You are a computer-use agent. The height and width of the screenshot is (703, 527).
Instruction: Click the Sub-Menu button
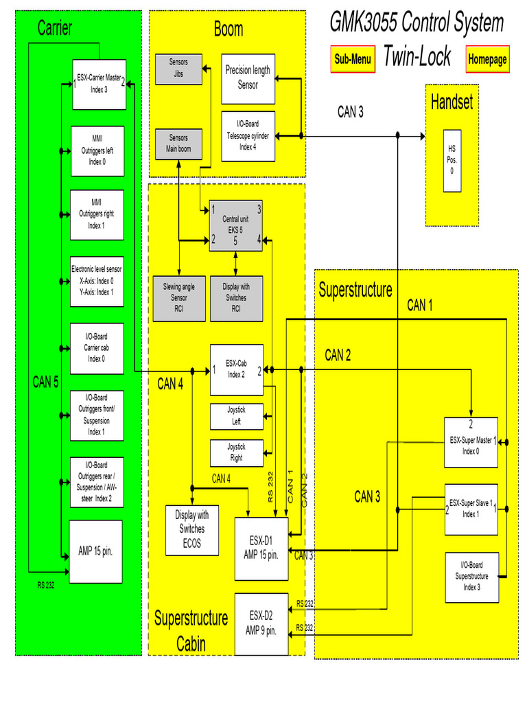[x=353, y=59]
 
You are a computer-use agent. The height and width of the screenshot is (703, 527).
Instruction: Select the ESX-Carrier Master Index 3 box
[x=99, y=84]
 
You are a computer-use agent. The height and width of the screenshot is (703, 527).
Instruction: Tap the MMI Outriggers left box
[x=97, y=150]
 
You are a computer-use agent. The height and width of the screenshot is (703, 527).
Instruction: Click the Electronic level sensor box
[x=97, y=281]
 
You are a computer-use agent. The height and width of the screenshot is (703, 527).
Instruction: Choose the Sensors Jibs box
[x=178, y=68]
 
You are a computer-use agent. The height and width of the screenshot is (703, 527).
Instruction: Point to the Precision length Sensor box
[x=248, y=78]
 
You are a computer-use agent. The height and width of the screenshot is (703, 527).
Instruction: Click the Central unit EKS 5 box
[x=235, y=226]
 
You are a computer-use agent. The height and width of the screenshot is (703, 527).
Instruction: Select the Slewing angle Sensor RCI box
[x=178, y=298]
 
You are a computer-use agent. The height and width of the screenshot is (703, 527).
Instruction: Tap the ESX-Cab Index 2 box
[x=236, y=369]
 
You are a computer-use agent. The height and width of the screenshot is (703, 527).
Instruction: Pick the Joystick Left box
[x=236, y=416]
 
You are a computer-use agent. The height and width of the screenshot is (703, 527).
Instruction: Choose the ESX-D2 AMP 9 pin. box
[x=261, y=623]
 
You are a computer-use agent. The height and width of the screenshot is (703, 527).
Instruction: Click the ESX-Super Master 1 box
[x=471, y=442]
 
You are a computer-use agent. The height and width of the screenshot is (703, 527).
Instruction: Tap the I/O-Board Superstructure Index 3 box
[x=471, y=577]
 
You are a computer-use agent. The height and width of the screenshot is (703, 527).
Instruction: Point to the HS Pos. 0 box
[x=451, y=160]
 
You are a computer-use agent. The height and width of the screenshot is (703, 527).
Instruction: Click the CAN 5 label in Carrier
[x=45, y=382]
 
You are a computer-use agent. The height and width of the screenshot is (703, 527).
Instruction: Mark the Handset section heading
[x=452, y=102]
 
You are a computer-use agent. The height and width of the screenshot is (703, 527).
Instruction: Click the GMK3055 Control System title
[x=417, y=23]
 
